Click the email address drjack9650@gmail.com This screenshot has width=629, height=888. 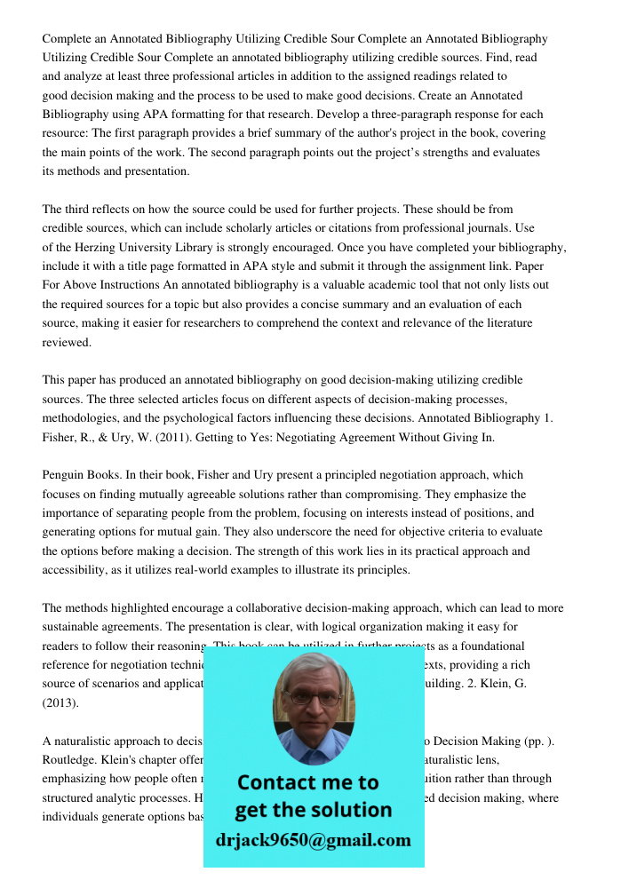313,840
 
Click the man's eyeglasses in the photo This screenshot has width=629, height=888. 313,696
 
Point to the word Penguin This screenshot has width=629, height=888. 65,475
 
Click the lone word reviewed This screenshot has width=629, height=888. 66,342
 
